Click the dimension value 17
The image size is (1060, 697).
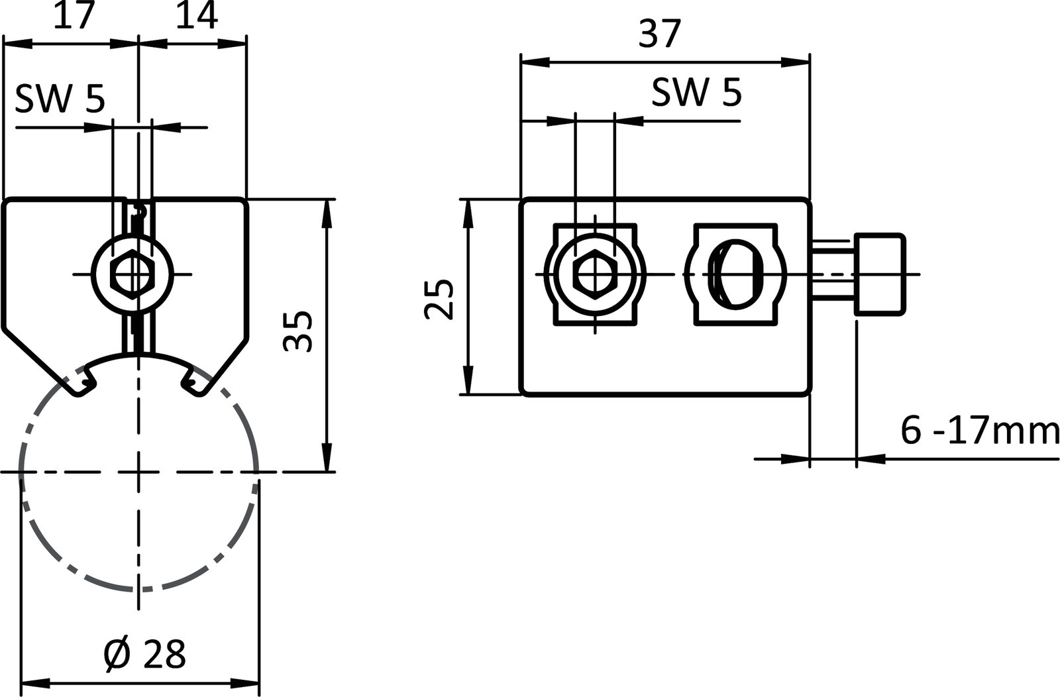click(x=71, y=17)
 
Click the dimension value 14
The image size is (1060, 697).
click(x=197, y=17)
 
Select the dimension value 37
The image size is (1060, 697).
click(x=660, y=34)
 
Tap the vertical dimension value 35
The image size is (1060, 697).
click(x=297, y=331)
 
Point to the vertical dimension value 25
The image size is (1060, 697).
click(x=439, y=299)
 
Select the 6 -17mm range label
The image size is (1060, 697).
click(x=979, y=431)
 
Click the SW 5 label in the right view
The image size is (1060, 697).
click(x=696, y=93)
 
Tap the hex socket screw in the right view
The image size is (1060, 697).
click(x=595, y=274)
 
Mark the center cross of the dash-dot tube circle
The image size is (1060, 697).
click(x=138, y=472)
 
